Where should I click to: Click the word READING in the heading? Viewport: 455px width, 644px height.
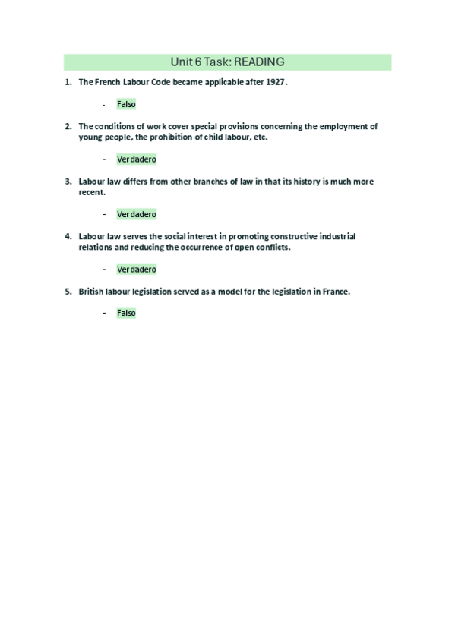point(258,62)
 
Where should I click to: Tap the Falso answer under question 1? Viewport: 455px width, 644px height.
point(126,104)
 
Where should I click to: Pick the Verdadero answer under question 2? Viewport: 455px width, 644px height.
point(137,159)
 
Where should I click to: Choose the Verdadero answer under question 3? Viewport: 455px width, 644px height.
point(137,214)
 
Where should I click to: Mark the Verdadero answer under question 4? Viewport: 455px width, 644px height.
point(137,269)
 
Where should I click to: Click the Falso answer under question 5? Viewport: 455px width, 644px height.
point(126,312)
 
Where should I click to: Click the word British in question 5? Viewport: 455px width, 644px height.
point(93,291)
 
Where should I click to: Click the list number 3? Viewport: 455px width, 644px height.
point(68,182)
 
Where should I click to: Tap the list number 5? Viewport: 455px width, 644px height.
point(68,291)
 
